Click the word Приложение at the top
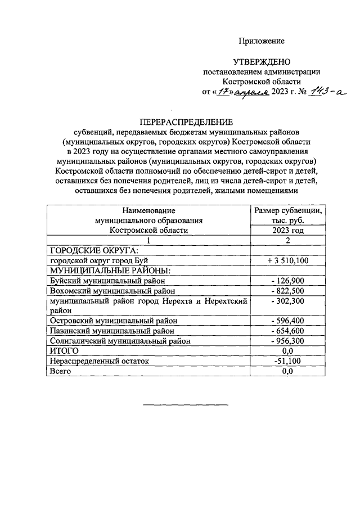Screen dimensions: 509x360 [262, 41]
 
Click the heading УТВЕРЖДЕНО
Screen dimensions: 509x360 [262, 61]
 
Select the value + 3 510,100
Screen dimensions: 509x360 [287, 260]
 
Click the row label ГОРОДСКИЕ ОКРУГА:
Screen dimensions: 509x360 [90, 250]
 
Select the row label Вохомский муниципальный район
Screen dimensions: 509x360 [112, 291]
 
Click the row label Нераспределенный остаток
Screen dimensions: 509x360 [99, 361]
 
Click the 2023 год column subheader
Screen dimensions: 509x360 [287, 230]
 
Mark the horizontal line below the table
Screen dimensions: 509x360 [186, 404]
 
